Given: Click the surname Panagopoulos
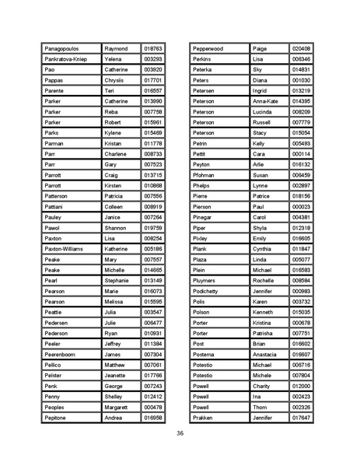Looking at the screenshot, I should point(65,48).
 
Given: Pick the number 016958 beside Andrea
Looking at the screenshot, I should point(153,418).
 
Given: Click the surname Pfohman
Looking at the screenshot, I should point(204,175).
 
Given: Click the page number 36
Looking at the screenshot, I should point(180,433).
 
